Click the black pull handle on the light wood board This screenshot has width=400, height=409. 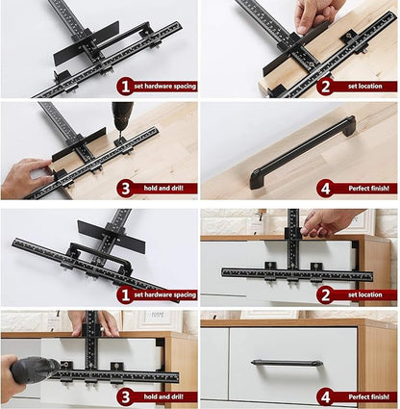(x=302, y=153)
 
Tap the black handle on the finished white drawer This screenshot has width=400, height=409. (x=287, y=363)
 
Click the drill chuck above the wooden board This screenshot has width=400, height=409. (x=122, y=122)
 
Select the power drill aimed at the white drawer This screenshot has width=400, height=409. (x=29, y=371)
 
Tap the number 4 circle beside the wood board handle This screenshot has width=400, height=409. (x=324, y=189)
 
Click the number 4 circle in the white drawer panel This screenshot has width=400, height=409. (x=324, y=396)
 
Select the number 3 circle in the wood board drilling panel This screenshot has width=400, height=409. (x=124, y=189)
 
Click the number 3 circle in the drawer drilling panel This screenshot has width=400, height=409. (x=124, y=396)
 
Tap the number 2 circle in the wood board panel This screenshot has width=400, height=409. (x=324, y=86)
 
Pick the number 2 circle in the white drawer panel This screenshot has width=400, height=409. (x=324, y=294)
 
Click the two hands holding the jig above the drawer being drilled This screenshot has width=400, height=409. (x=93, y=322)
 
